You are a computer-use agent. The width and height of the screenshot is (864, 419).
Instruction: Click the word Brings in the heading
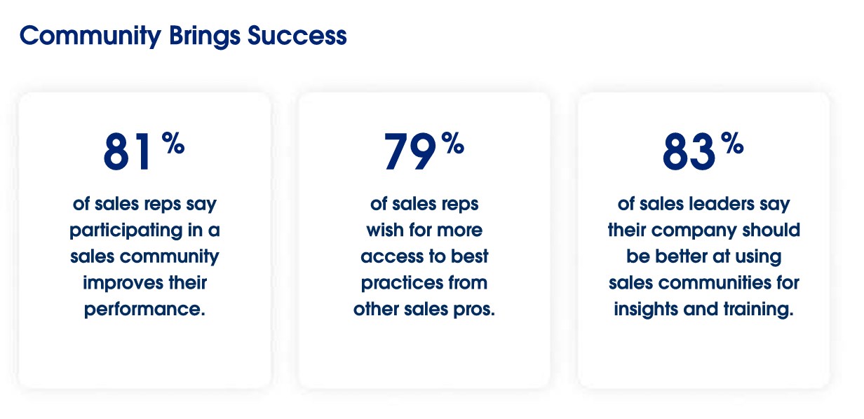coord(205,36)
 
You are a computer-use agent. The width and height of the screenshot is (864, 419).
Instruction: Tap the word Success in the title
coord(297,36)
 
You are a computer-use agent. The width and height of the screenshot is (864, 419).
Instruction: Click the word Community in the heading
coord(90,36)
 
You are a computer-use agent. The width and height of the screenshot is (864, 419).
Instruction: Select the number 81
coord(128,151)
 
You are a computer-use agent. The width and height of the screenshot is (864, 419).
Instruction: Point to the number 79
coord(410,151)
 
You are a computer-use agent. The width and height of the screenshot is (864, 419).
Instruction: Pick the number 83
coord(689,151)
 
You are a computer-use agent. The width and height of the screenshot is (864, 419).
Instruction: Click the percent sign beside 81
coord(173,143)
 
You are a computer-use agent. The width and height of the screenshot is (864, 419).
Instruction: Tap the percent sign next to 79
coord(452,143)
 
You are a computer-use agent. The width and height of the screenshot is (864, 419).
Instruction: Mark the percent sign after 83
coord(732,143)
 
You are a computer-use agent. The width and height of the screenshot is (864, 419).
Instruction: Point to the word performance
coord(144,310)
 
